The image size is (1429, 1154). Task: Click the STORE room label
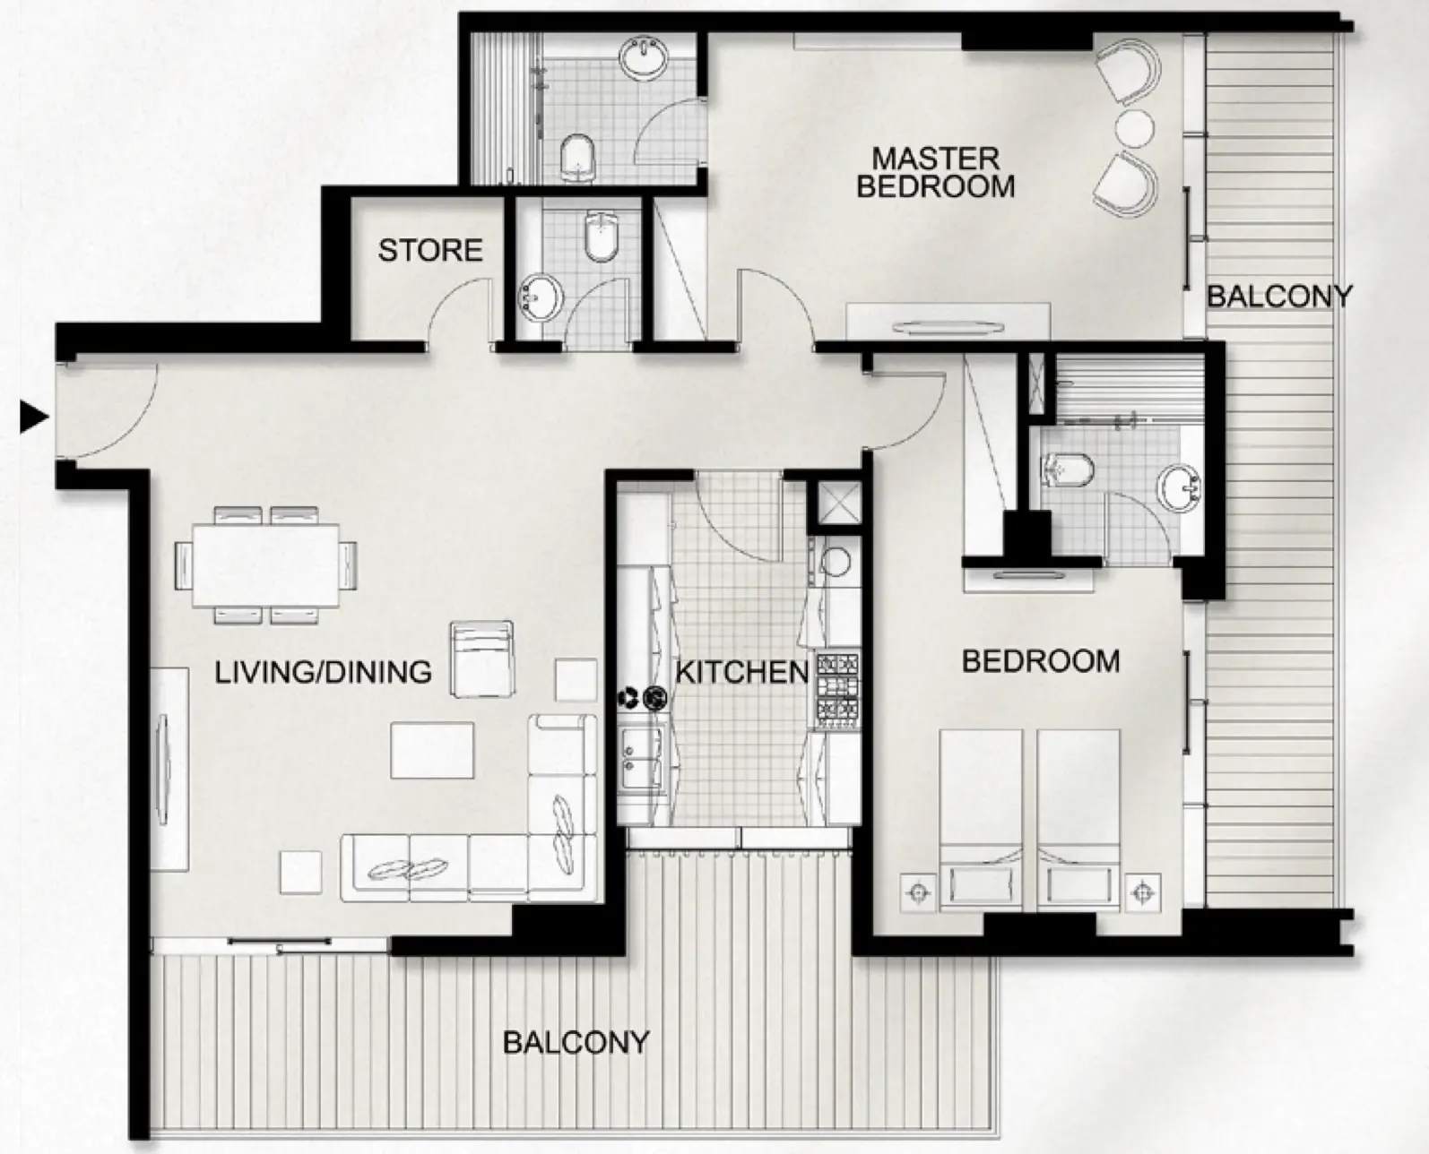[430, 250]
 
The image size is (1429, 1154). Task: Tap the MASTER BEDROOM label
[936, 172]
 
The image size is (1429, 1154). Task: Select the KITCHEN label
[742, 672]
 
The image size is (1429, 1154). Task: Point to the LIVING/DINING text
[323, 672]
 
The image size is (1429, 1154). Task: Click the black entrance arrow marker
[33, 418]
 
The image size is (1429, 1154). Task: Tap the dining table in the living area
[265, 565]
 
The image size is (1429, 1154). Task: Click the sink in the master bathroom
[643, 59]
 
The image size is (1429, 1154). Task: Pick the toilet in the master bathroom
[577, 159]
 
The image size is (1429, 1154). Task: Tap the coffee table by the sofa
[432, 750]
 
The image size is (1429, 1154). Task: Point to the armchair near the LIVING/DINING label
[482, 659]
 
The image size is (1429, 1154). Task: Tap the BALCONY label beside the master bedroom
[1278, 297]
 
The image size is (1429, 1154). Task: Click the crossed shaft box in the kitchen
[838, 503]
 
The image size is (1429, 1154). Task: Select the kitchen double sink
[641, 757]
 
